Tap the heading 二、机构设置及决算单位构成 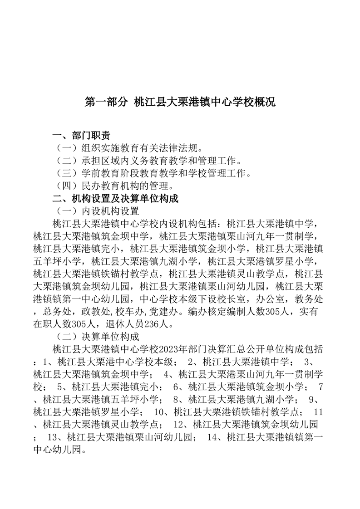pos(115,198)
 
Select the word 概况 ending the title pos(265,102)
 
